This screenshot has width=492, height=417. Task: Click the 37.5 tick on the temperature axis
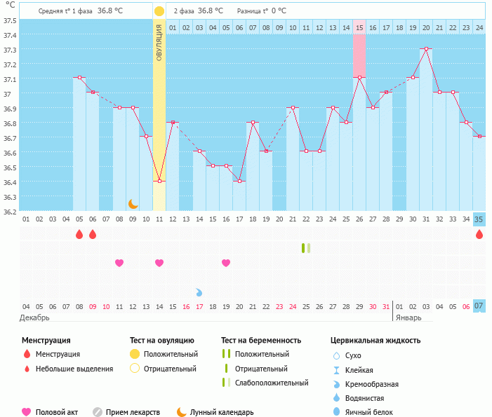[10, 20]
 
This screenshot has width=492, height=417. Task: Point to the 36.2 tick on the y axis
[10, 211]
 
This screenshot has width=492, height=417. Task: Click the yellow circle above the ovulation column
[159, 11]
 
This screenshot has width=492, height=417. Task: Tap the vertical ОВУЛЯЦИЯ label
[159, 43]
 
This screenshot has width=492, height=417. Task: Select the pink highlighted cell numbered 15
[359, 28]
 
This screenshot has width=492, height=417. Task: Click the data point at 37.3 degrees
[426, 49]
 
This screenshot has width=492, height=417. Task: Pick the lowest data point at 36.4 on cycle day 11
[159, 182]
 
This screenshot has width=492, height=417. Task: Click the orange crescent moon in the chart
[133, 203]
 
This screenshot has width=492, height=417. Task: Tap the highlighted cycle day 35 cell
[479, 219]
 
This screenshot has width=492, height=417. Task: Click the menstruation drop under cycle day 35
[479, 234]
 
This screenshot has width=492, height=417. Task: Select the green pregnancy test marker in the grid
[305, 248]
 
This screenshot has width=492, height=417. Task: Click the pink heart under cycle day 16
[226, 263]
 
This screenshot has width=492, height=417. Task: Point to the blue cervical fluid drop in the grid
[199, 292]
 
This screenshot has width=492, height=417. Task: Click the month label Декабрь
[34, 317]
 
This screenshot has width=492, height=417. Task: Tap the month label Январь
[408, 317]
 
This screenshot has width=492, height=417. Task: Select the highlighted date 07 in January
[479, 306]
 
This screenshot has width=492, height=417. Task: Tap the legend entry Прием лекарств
[133, 412]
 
